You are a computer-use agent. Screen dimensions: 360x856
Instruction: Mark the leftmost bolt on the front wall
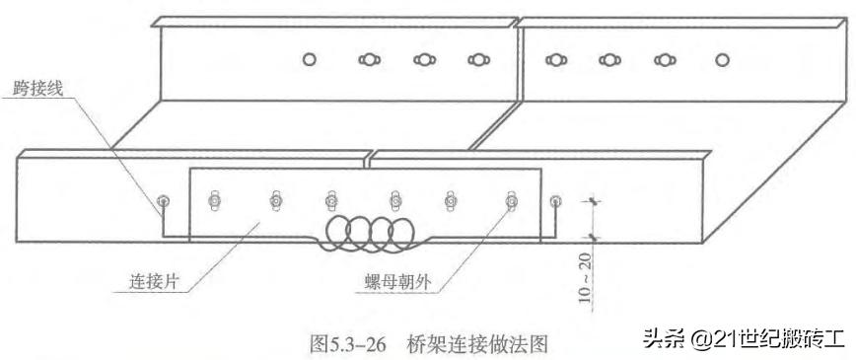coord(163,202)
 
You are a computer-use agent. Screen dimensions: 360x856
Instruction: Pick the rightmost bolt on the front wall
coord(555,202)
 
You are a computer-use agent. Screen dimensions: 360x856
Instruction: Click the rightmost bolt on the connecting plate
coord(511,202)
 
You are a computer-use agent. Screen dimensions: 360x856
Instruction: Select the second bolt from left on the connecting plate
coord(275,202)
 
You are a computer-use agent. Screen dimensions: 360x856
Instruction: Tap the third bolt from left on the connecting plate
coord(332,202)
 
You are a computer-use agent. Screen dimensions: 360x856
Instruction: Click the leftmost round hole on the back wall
coord(310,61)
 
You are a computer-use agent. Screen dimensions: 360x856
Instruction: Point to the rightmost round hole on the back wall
coord(722,61)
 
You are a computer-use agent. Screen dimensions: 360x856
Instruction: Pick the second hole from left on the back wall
coord(368,61)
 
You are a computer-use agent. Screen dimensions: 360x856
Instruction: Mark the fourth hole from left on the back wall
coord(478,61)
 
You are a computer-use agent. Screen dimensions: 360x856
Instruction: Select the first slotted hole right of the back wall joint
coord(554,61)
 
